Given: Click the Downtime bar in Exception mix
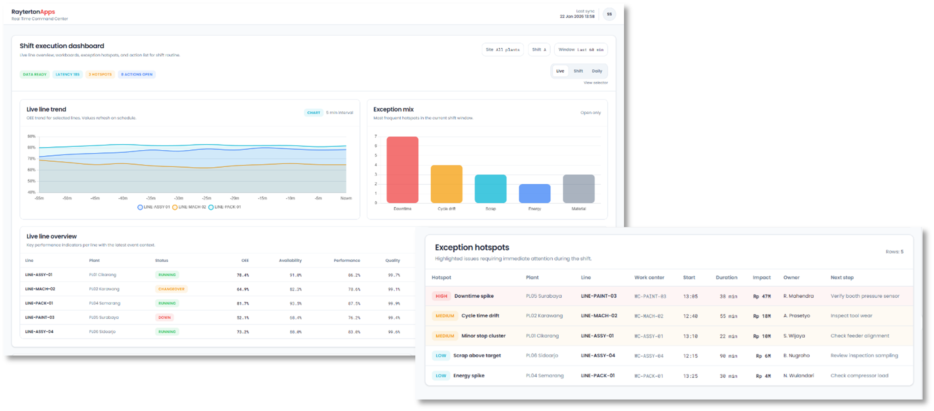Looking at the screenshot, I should (402, 170).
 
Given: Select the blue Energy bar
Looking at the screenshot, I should (535, 193).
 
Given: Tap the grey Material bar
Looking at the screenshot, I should (578, 189).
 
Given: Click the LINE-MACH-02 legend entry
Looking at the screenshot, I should (189, 207).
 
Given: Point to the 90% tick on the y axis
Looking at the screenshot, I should (31, 136).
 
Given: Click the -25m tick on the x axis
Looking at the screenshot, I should (206, 198).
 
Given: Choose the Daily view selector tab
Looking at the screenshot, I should (597, 71).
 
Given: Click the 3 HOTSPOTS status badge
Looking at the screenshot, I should (100, 75).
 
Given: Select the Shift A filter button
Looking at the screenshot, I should (539, 50).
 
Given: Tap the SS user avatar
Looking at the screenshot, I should (609, 14).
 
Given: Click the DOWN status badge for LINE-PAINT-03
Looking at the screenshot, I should (164, 317).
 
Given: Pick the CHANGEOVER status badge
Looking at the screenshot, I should (171, 289).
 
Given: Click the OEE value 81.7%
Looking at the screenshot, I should (243, 304).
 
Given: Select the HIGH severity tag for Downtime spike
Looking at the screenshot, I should (441, 296).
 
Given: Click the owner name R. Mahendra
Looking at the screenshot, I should (798, 296).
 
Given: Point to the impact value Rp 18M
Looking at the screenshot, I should (762, 316).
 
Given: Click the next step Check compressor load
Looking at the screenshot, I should (859, 376).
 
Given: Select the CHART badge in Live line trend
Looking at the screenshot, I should (314, 113).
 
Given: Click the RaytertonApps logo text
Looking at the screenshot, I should (33, 12).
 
